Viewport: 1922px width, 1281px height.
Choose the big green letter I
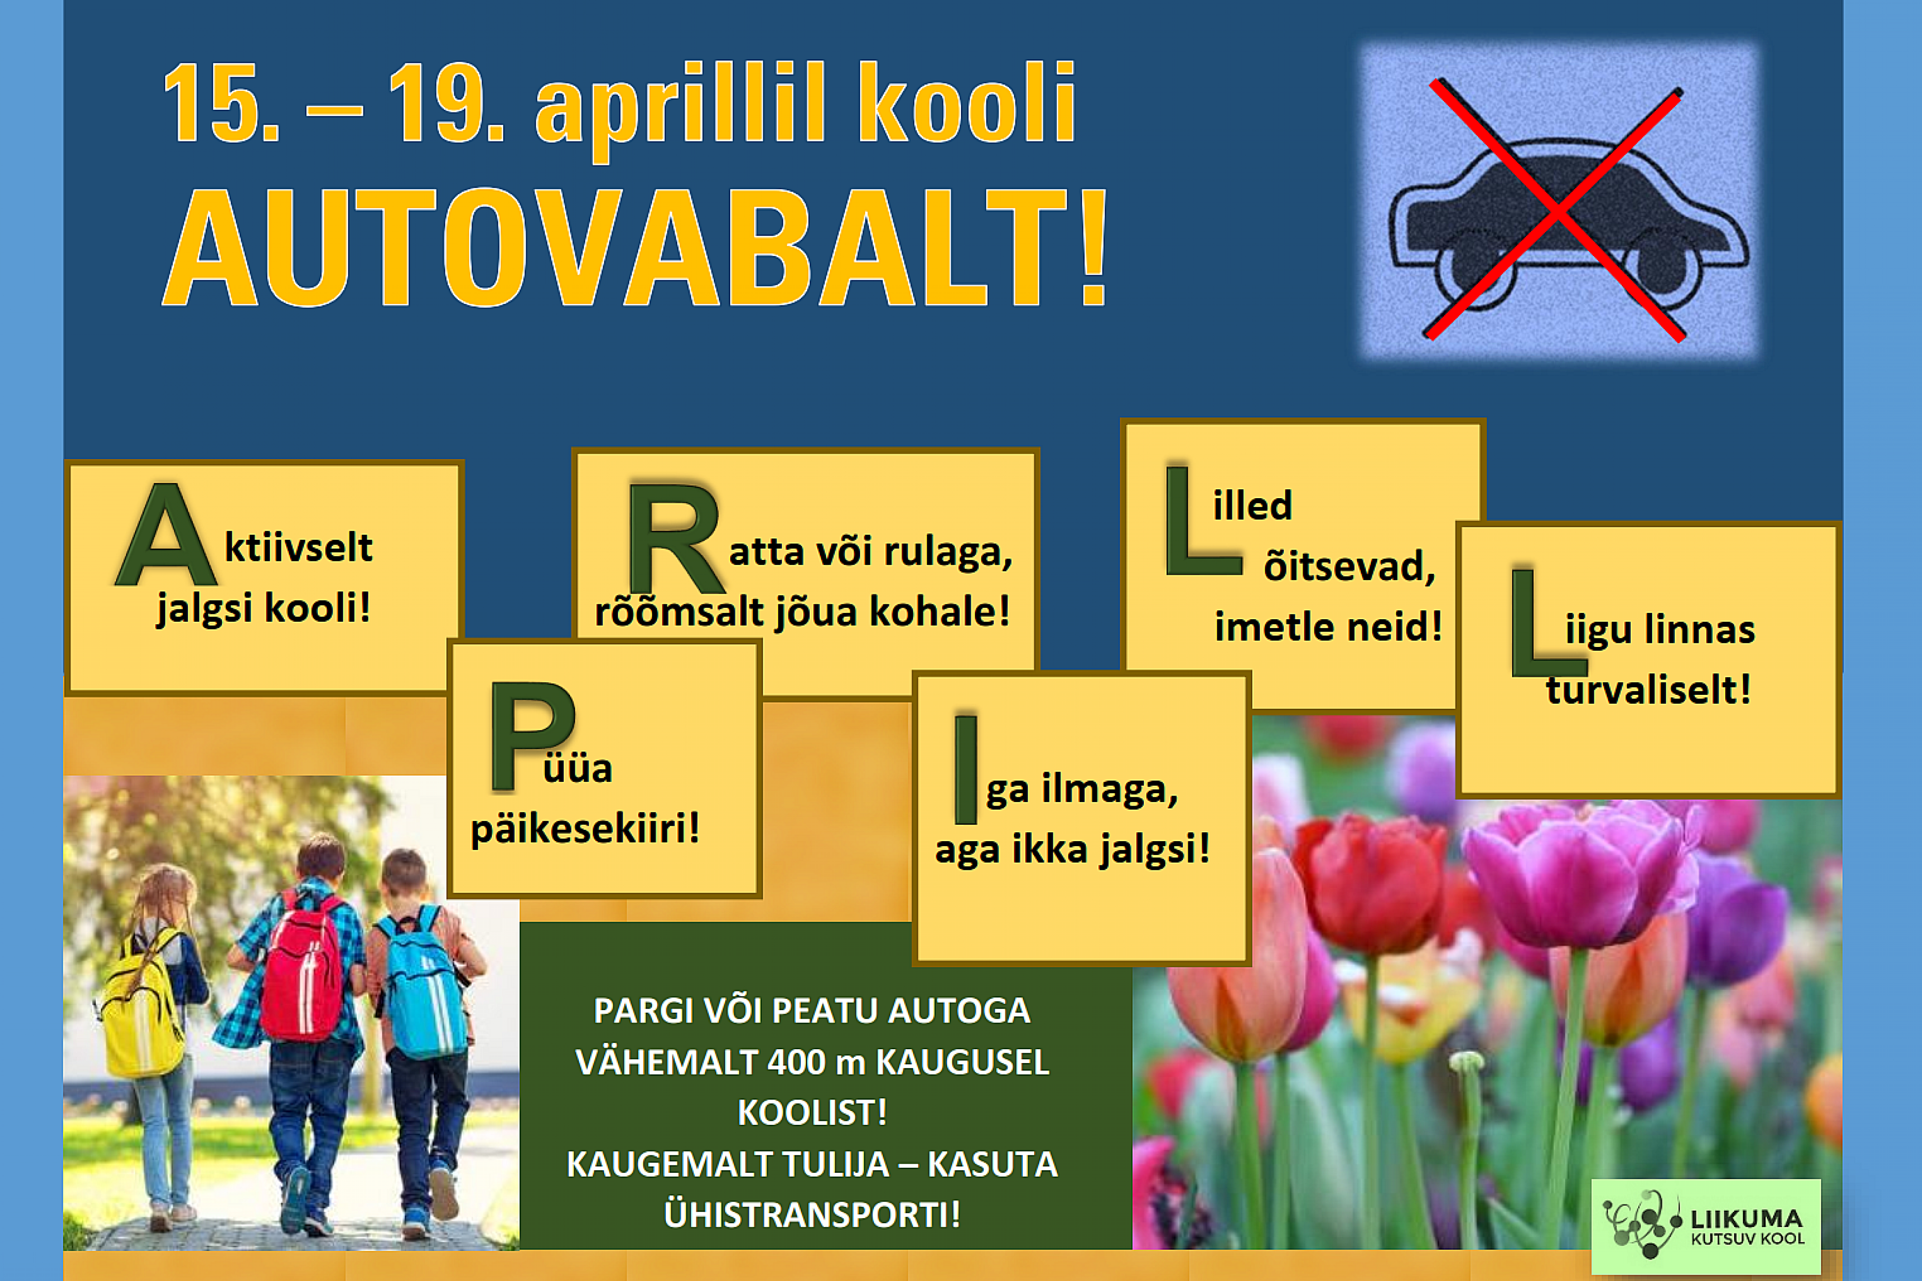(x=966, y=769)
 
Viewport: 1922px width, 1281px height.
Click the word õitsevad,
(x=1349, y=565)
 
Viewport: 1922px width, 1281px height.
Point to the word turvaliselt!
(x=1648, y=689)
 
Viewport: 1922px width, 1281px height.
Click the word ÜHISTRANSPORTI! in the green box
(x=812, y=1214)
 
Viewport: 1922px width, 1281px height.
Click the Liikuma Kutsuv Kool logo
(x=1706, y=1226)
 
